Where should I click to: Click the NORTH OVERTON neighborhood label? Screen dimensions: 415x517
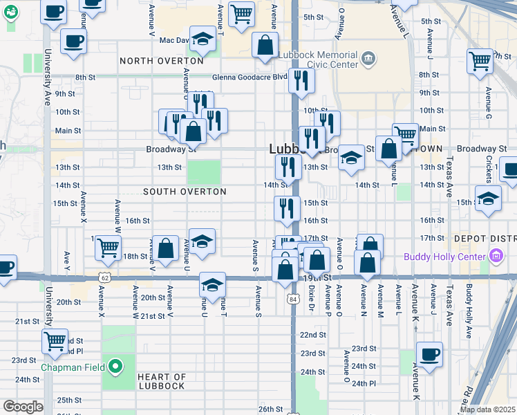[162, 61]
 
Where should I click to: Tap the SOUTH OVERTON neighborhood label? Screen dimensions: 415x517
[185, 191]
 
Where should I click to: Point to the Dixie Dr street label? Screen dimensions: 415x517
[312, 298]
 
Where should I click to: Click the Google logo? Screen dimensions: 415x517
[22, 407]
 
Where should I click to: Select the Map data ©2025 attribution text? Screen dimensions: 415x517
[487, 409]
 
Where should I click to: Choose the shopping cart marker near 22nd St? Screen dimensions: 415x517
[55, 340]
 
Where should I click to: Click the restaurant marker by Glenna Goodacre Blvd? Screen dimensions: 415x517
[301, 80]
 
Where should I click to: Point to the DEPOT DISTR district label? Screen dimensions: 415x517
[485, 239]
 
